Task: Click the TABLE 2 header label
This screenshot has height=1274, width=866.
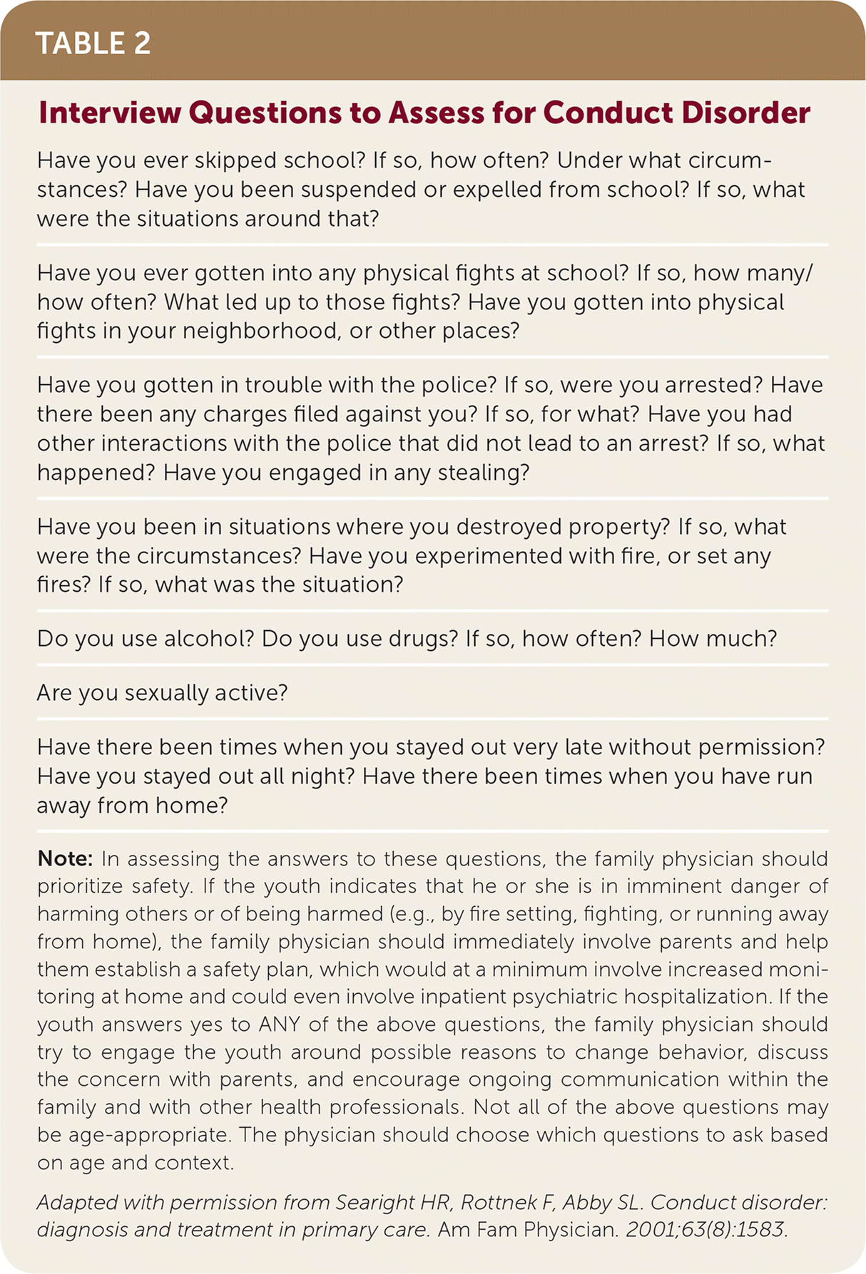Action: point(93,43)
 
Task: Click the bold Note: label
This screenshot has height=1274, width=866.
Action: point(65,858)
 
